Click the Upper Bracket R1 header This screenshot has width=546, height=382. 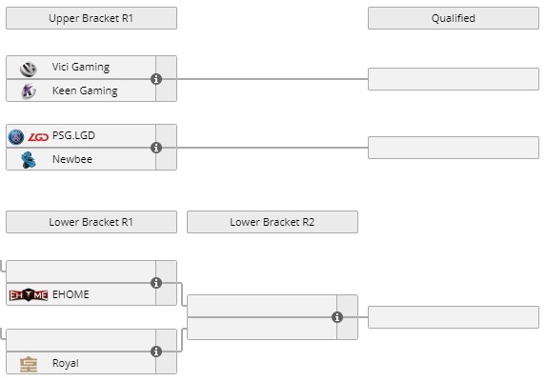click(91, 18)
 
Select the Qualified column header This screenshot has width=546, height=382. click(454, 18)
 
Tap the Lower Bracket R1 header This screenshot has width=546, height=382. click(91, 222)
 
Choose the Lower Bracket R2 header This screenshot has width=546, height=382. click(273, 222)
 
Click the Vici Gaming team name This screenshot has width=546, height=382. click(81, 67)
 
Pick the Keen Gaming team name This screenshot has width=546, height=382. click(85, 90)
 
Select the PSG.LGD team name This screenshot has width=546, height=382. click(73, 135)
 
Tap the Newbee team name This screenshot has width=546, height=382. click(72, 159)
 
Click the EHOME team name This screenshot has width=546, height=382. click(71, 294)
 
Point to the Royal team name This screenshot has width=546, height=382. click(66, 363)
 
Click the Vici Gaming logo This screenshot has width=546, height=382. click(29, 69)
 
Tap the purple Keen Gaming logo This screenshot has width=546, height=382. click(29, 91)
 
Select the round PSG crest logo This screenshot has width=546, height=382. click(16, 137)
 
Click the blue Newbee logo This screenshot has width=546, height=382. click(29, 160)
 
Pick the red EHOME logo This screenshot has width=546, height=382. click(29, 295)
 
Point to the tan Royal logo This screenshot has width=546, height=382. click(29, 364)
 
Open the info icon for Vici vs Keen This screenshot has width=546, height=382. click(156, 79)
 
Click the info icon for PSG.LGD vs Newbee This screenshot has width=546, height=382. click(156, 148)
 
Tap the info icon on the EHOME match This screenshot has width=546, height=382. click(156, 283)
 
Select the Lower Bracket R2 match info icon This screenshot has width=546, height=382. click(337, 317)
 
